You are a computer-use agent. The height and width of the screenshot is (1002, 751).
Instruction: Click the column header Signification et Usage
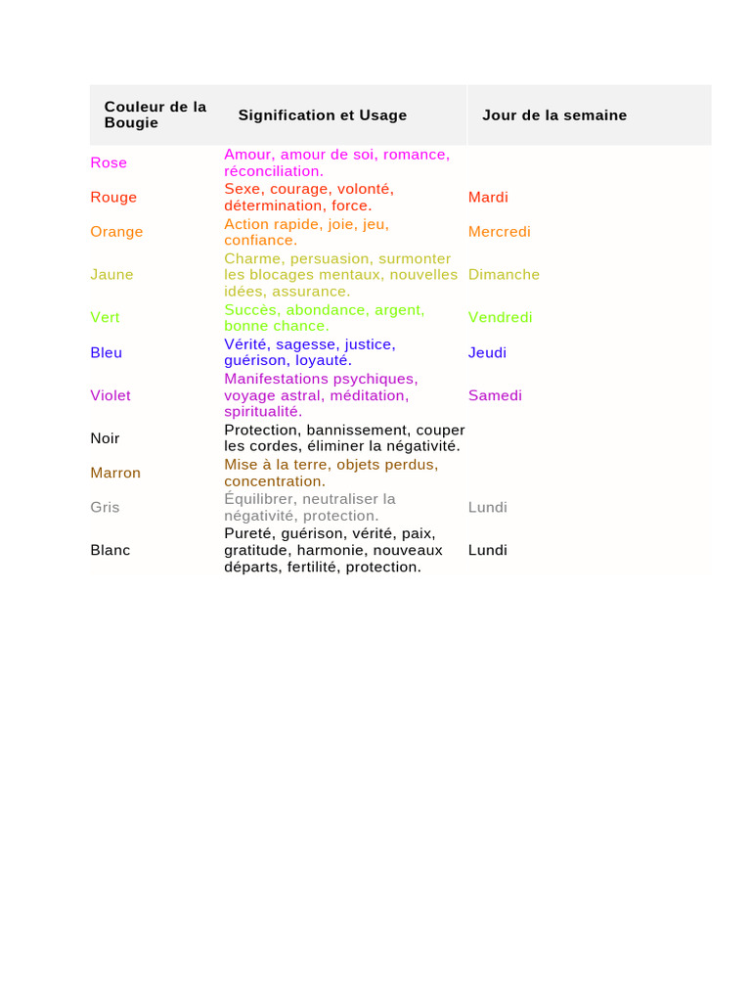[x=322, y=115]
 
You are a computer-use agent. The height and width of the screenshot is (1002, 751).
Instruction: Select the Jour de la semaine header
[x=554, y=115]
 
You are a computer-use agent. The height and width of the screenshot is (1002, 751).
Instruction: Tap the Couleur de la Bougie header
[x=155, y=114]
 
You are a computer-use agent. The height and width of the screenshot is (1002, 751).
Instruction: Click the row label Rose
[x=109, y=162]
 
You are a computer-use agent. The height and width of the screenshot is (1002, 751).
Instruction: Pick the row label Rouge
[x=113, y=197]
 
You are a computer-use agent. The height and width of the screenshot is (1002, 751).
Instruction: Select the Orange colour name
[x=116, y=232]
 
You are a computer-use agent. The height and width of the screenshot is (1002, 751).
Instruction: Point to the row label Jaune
[x=111, y=275]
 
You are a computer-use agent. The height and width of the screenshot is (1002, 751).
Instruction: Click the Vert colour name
[x=105, y=317]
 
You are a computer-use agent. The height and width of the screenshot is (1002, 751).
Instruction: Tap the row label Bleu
[x=106, y=352]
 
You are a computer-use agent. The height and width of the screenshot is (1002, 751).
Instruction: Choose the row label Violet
[x=110, y=395]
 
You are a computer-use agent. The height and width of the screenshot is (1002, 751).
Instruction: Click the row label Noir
[x=105, y=438]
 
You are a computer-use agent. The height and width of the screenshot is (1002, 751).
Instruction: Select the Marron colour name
[x=115, y=473]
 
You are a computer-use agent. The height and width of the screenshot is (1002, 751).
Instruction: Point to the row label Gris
[x=105, y=507]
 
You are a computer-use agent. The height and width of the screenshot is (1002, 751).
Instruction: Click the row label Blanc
[x=110, y=550]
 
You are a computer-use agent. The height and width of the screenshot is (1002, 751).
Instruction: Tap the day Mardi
[x=488, y=197]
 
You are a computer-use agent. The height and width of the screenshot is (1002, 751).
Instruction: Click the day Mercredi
[x=500, y=232]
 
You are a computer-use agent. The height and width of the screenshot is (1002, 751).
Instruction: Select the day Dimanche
[x=504, y=275]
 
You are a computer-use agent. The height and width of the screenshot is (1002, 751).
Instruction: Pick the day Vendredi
[x=501, y=317]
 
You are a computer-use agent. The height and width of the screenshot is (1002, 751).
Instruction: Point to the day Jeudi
[x=487, y=352]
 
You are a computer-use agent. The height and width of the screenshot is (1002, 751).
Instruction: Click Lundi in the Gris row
[x=488, y=507]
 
